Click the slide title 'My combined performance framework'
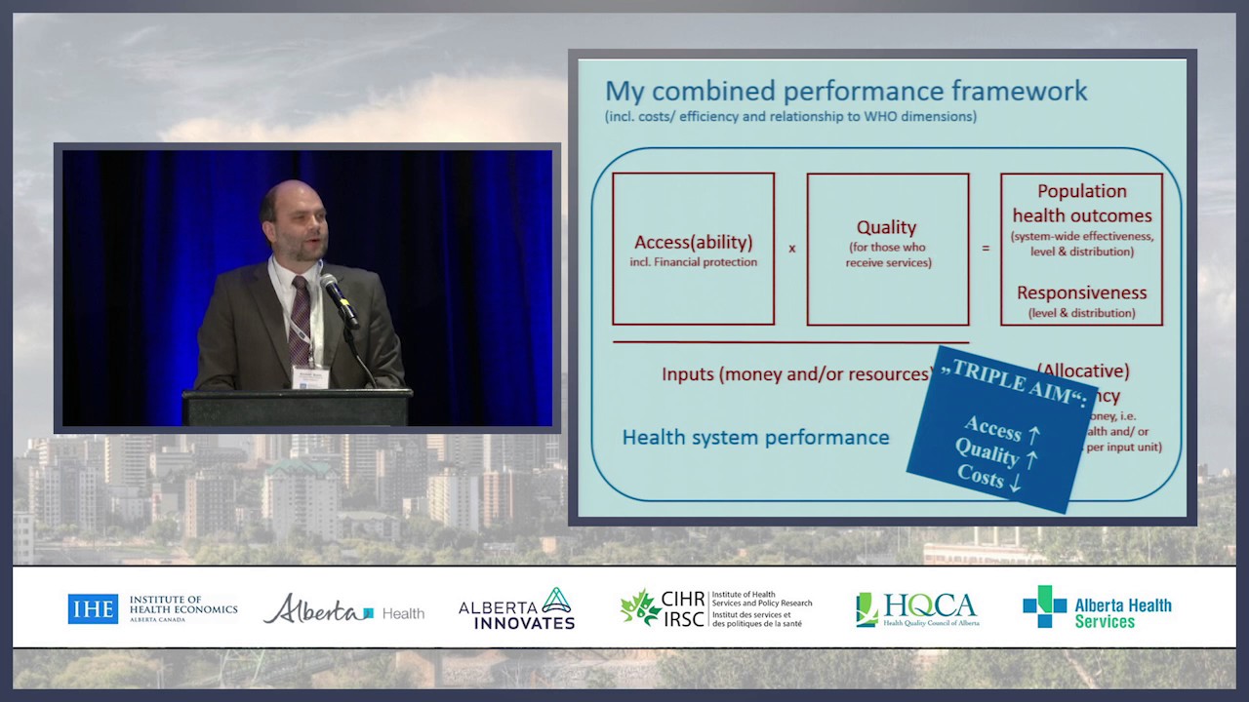point(846,92)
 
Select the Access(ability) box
point(693,249)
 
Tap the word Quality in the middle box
point(886,227)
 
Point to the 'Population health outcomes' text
point(1081,204)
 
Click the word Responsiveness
point(1081,292)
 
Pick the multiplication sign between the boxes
point(791,249)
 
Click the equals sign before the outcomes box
point(985,249)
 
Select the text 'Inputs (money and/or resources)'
point(795,374)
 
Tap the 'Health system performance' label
point(755,438)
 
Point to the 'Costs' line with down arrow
point(988,478)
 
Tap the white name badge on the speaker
point(310,376)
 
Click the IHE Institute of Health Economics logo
point(152,608)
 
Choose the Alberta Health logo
point(343,609)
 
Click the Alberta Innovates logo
point(516,609)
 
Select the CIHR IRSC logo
point(715,608)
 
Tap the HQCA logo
point(917,609)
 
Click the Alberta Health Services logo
point(1097,607)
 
